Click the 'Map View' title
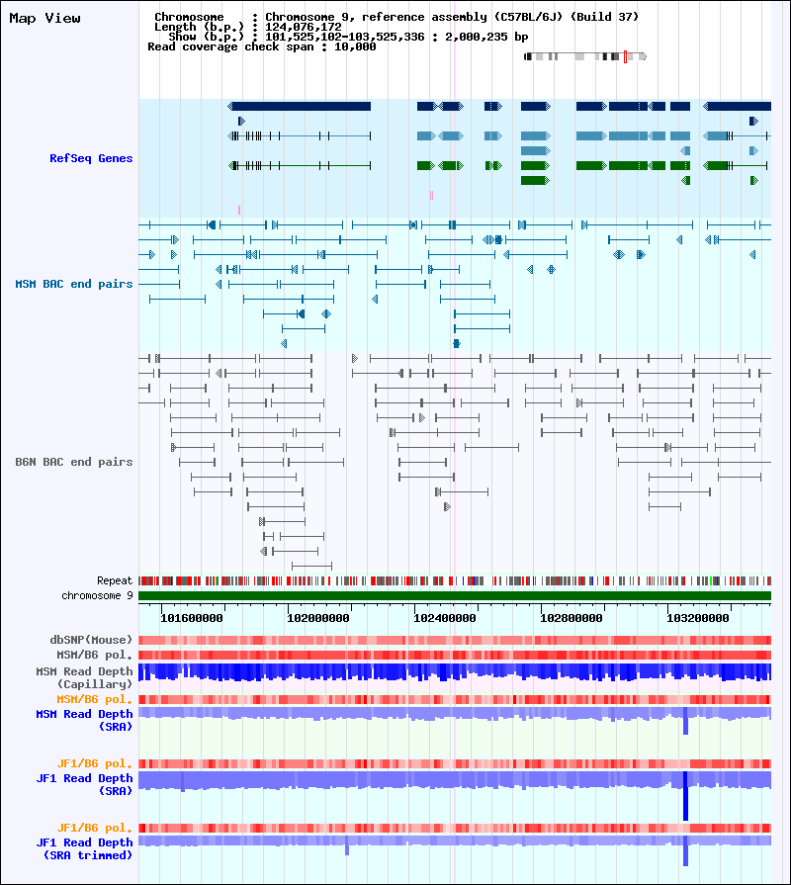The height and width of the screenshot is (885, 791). click(x=44, y=18)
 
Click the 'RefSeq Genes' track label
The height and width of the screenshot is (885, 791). click(x=91, y=158)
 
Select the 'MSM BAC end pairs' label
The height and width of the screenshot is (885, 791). click(x=74, y=284)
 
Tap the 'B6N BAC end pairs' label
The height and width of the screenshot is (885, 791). click(x=74, y=462)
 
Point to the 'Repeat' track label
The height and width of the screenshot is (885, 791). click(x=115, y=580)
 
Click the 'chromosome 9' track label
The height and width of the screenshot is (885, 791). click(x=97, y=595)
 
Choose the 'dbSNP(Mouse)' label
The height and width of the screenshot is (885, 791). click(x=91, y=640)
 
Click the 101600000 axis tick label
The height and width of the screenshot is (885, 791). click(x=192, y=618)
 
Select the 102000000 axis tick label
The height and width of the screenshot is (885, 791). click(x=318, y=618)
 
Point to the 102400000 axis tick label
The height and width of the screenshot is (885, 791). click(x=445, y=618)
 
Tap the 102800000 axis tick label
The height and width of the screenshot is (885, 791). click(x=571, y=618)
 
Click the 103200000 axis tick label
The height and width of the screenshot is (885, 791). click(x=698, y=618)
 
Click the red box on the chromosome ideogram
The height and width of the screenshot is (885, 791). click(x=625, y=56)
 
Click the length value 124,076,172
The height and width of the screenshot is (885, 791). click(x=304, y=27)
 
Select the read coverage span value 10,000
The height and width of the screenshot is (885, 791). click(x=355, y=46)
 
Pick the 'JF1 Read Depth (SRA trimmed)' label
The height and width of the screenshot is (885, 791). click(x=85, y=848)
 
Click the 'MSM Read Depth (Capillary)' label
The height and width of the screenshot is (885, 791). click(x=85, y=678)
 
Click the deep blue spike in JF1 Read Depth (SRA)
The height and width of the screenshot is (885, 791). click(x=685, y=796)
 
